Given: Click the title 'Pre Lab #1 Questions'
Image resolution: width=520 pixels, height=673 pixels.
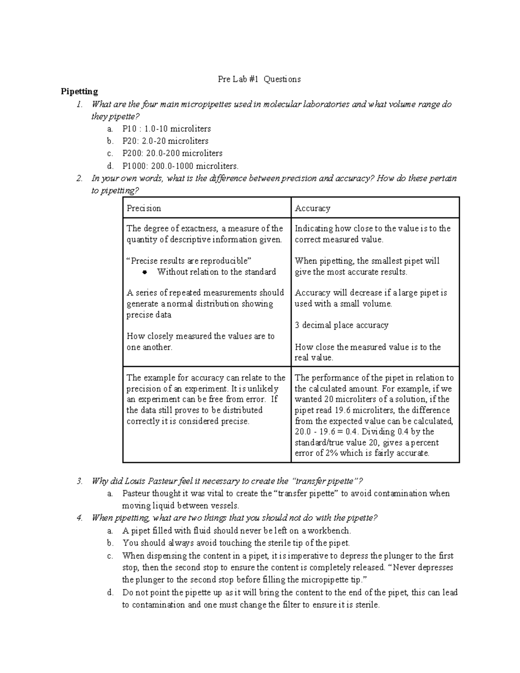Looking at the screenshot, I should point(259,79).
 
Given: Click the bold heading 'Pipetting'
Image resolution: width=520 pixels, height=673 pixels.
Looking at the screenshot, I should point(79,91).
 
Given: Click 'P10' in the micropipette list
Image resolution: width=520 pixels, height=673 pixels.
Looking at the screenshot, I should point(129,129).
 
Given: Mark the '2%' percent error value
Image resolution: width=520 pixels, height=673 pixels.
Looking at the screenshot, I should point(331,453).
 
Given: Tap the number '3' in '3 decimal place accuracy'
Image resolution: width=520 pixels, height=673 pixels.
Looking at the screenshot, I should point(297,325).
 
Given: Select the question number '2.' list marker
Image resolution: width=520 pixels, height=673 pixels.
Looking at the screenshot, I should point(79,178).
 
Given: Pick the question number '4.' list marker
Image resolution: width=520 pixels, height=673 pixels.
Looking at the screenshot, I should point(79,518).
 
